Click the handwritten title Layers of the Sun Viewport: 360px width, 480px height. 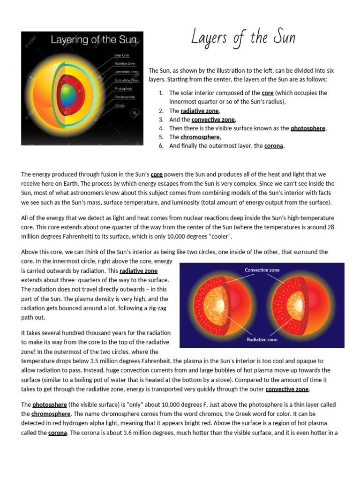(243, 38)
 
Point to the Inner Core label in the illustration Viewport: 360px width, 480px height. (122, 55)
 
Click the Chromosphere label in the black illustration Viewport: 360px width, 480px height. (125, 97)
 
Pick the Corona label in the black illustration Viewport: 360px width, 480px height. (120, 106)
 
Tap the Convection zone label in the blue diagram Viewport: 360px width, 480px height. (262, 270)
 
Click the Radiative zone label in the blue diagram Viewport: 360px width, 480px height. (262, 339)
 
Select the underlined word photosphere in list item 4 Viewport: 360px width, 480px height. (307, 128)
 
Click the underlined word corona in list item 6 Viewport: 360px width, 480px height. (274, 146)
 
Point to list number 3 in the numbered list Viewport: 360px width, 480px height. (161, 120)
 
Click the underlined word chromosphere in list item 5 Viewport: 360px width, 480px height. (200, 137)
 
